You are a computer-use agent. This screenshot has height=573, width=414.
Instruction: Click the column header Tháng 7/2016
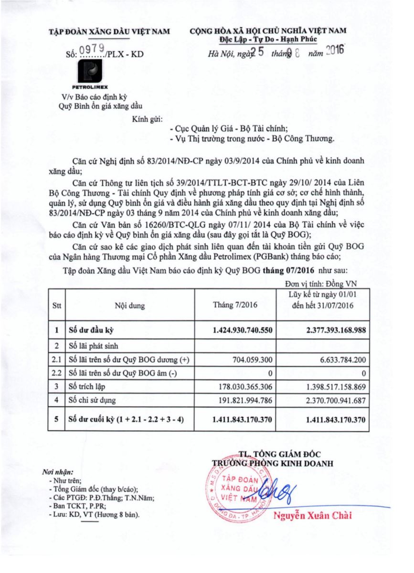coord(235,306)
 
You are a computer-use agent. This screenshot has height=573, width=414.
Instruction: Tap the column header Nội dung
coord(129,306)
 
